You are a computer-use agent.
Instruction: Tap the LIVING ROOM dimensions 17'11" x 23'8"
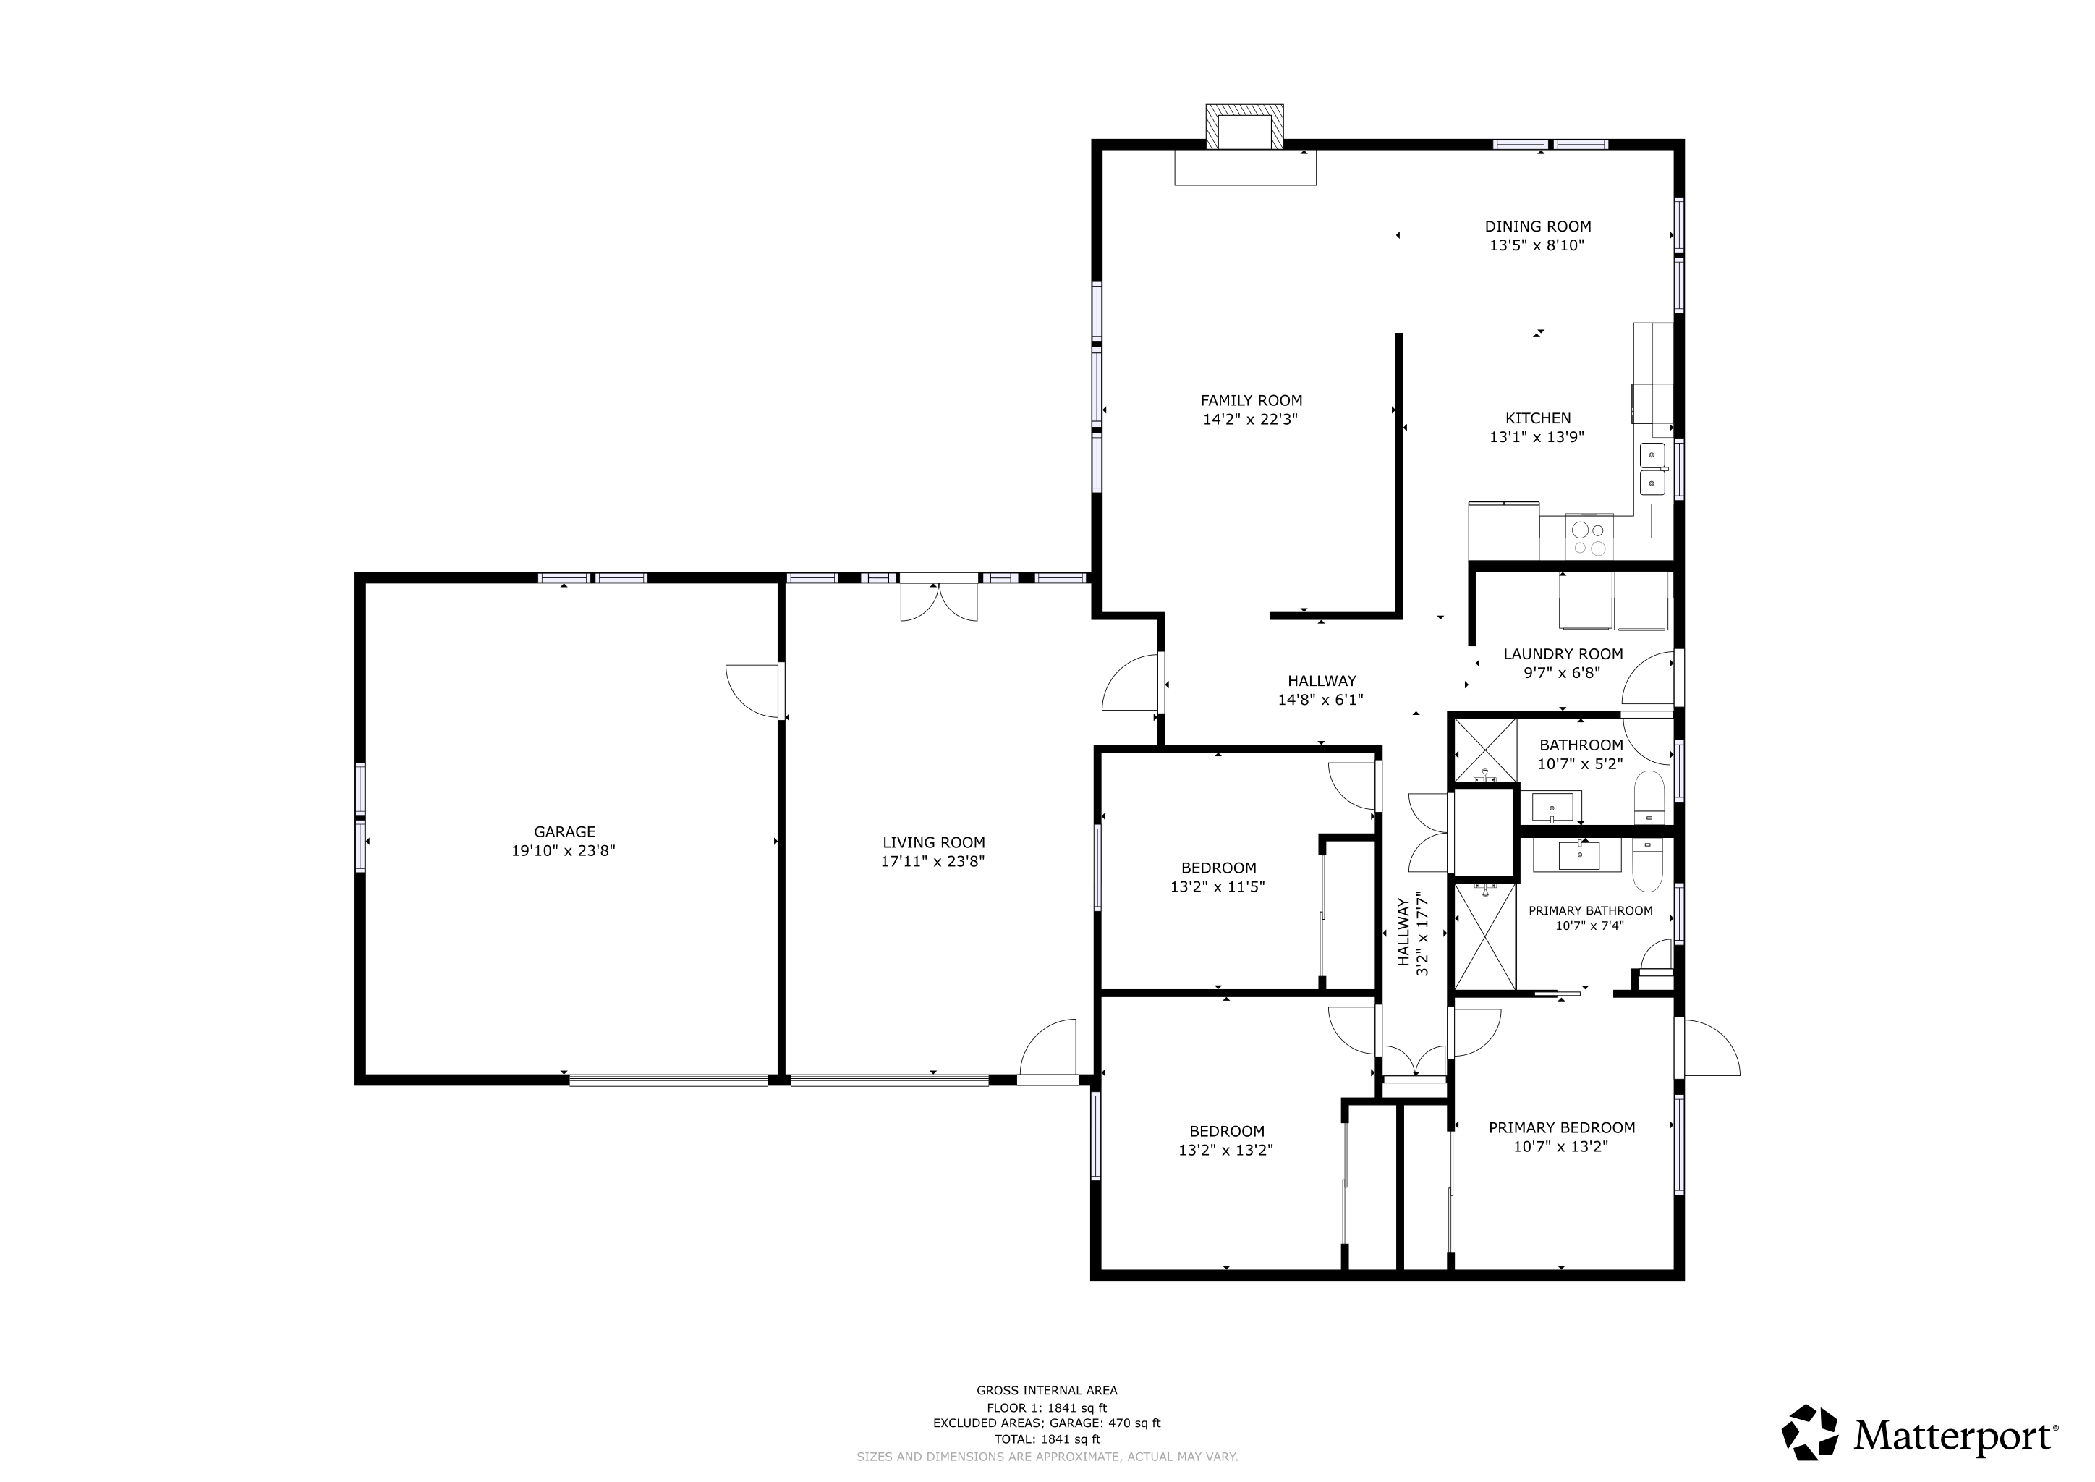[x=932, y=860]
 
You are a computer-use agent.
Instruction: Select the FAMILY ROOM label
[x=1250, y=399]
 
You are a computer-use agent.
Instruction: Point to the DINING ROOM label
[x=1537, y=226]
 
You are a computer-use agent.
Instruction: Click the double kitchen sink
[x=1652, y=468]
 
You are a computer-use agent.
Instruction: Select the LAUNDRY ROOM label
[x=1562, y=653]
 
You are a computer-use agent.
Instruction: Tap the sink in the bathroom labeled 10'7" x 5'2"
[x=1552, y=808]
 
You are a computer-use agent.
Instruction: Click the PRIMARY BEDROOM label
[x=1561, y=1127]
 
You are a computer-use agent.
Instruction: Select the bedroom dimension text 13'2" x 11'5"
[x=1218, y=886]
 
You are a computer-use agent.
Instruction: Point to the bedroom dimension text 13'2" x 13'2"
[x=1225, y=1150]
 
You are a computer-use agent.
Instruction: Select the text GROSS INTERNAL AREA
[x=1047, y=1390]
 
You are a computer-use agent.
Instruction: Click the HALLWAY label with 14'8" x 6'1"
[x=1321, y=681]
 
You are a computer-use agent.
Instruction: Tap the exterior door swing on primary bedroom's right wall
[x=1709, y=1049]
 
